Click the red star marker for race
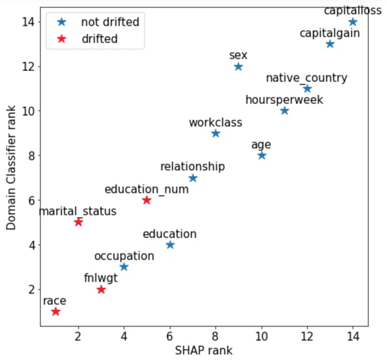click(x=55, y=312)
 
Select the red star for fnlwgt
click(x=101, y=290)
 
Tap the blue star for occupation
click(x=124, y=267)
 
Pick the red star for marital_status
click(x=78, y=222)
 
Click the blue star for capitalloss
click(x=353, y=22)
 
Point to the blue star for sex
click(x=238, y=66)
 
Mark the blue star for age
click(x=261, y=155)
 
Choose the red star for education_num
click(x=146, y=200)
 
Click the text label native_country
click(x=306, y=78)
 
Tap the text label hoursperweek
click(x=284, y=100)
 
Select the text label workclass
click(x=215, y=122)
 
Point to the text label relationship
click(x=192, y=166)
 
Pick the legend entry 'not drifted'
click(x=110, y=22)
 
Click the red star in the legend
click(x=62, y=39)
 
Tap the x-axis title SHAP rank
click(x=203, y=350)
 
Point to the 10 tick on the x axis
click(x=261, y=336)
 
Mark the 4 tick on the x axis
click(x=124, y=336)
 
